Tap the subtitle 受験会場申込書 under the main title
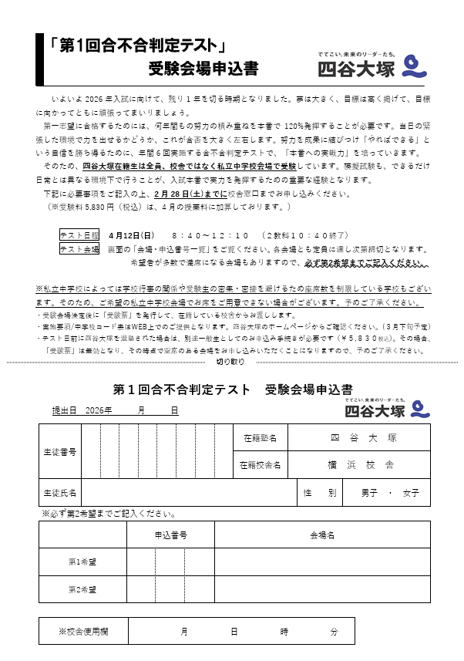pos(203,69)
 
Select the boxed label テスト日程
pos(79,235)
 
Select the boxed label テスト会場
pos(79,249)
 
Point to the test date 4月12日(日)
pos(132,235)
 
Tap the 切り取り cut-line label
pos(230,361)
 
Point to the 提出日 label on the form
pos(64,411)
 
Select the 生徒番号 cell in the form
pos(60,450)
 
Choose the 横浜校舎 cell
pos(364,465)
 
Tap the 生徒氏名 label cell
pos(60,492)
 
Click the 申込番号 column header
pos(170,535)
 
